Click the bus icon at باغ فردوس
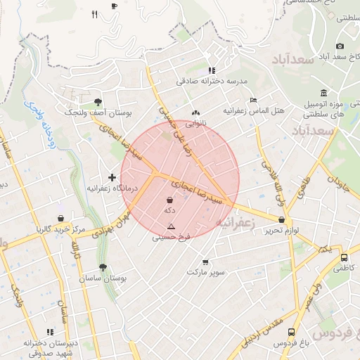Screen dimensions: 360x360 coord(291,332)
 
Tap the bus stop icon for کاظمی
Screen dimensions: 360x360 coord(344,257)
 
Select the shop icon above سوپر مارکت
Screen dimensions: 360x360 coord(205,261)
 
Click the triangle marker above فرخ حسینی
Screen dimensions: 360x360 coord(170,226)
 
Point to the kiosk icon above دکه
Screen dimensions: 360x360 coord(169,200)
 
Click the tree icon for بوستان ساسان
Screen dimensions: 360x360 coord(103,267)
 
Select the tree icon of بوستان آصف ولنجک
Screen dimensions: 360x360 coord(97,101)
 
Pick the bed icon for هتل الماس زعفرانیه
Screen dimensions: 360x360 coord(253,101)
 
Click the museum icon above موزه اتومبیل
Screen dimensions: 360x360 coord(323,94)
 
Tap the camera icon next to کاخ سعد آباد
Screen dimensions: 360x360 coord(340,46)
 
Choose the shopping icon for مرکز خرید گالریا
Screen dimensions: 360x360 coord(61,218)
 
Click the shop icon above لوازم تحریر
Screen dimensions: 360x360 coord(281,219)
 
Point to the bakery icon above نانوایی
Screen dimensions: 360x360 coord(195,112)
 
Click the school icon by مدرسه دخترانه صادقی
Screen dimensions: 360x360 coord(212,70)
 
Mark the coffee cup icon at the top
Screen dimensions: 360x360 coord(115,6)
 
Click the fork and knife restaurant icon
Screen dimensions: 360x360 coord(94,14)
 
